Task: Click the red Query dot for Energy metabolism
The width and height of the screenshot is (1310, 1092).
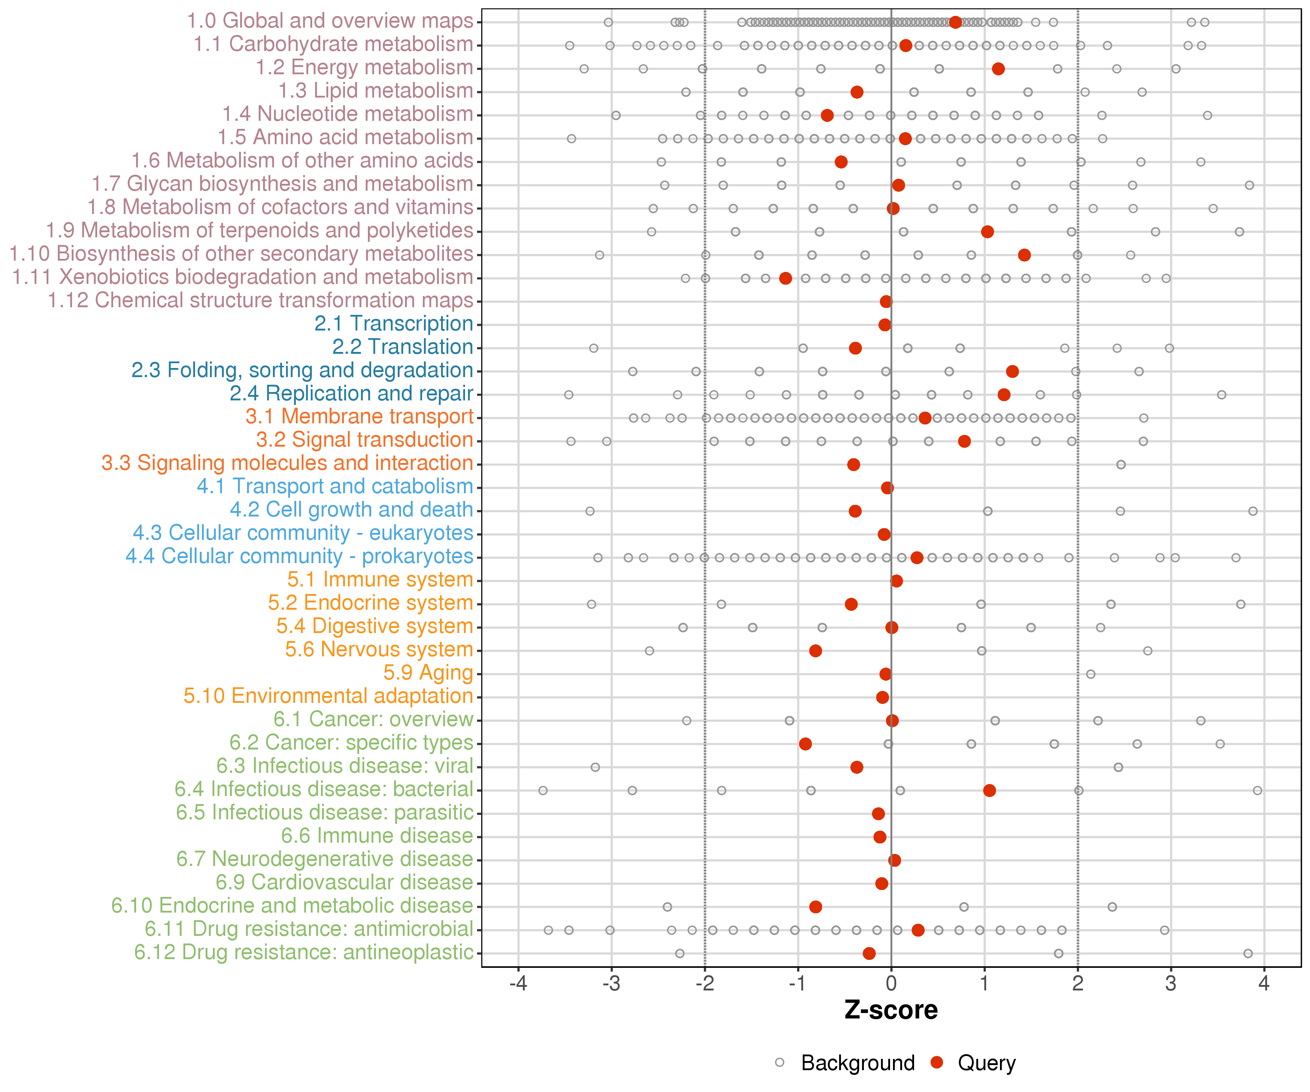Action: pyautogui.click(x=998, y=69)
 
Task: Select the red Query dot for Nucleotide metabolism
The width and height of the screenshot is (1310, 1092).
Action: pyautogui.click(x=827, y=115)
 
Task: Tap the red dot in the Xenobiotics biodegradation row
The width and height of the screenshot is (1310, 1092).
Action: pyautogui.click(x=785, y=278)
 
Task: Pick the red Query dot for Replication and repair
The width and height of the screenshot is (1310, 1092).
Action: pyautogui.click(x=1004, y=394)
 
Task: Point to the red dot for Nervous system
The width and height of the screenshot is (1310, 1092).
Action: pyautogui.click(x=815, y=651)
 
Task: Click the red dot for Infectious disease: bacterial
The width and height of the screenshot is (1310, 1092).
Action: pyautogui.click(x=989, y=791)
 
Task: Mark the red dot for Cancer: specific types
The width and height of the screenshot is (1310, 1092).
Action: pyautogui.click(x=805, y=744)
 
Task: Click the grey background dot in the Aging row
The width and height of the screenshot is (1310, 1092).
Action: pyautogui.click(x=1091, y=674)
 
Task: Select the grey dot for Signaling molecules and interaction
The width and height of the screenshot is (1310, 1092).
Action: pyautogui.click(x=1121, y=465)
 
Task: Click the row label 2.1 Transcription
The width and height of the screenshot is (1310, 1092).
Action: pyautogui.click(x=394, y=324)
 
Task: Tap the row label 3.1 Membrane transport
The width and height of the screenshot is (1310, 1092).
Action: pyautogui.click(x=359, y=417)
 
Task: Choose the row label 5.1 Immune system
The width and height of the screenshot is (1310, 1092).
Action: pyautogui.click(x=380, y=580)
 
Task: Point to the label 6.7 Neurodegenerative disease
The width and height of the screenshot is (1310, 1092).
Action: pyautogui.click(x=324, y=859)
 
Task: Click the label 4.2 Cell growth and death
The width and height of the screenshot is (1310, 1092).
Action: pyautogui.click(x=351, y=510)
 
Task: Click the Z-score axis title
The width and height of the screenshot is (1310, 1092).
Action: pyautogui.click(x=891, y=1010)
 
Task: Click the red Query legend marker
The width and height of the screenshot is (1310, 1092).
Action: pyautogui.click(x=936, y=1063)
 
